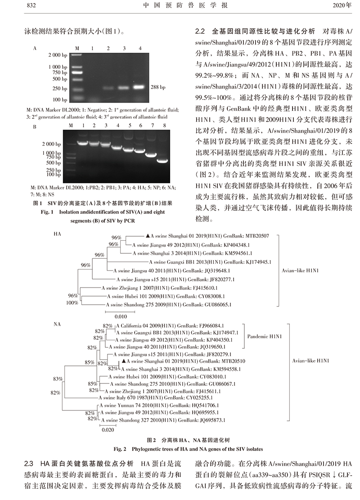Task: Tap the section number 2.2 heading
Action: click(200, 32)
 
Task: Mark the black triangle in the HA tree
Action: click(148, 235)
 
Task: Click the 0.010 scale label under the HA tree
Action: click(112, 316)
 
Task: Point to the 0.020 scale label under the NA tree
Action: click(106, 429)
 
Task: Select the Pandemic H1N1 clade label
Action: click(265, 336)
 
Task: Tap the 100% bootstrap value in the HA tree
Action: click(72, 303)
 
